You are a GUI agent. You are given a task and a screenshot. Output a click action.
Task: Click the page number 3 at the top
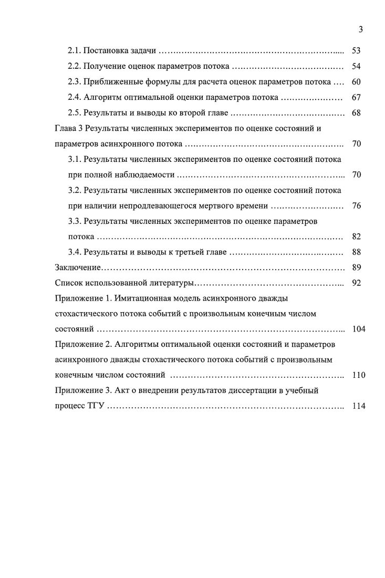point(361,29)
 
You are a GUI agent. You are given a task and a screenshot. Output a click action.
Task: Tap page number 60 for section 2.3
point(356,82)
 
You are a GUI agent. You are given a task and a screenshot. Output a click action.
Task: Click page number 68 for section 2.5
point(356,113)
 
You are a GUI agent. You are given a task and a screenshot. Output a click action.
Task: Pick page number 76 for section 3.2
point(356,206)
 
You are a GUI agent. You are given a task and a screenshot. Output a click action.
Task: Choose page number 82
point(356,237)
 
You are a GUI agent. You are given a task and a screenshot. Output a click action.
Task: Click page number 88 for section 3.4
point(356,252)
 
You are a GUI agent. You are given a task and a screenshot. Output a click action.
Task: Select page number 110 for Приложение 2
point(359,376)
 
